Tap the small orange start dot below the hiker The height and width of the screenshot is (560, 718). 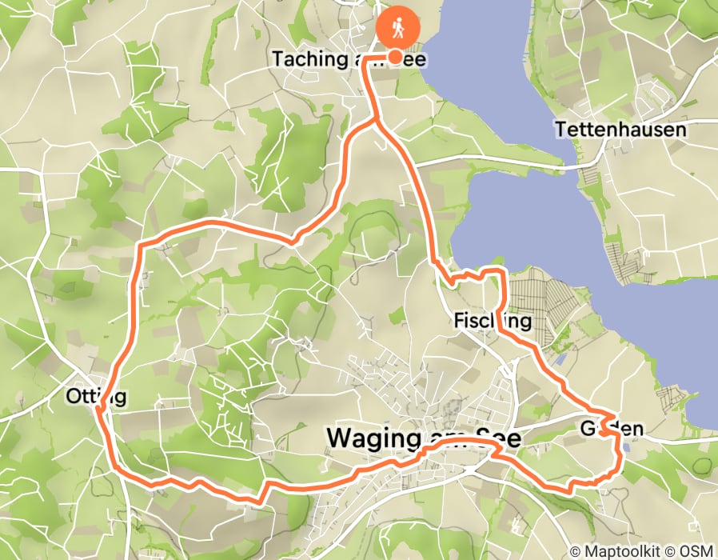click(x=395, y=56)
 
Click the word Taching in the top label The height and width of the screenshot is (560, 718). click(x=304, y=59)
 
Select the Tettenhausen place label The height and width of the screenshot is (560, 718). click(x=620, y=129)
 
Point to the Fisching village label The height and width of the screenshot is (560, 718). click(x=493, y=321)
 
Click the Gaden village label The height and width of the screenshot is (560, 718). click(x=613, y=429)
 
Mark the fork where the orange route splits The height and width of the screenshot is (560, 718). click(x=377, y=121)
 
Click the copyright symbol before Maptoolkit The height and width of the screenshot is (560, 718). click(x=576, y=550)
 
